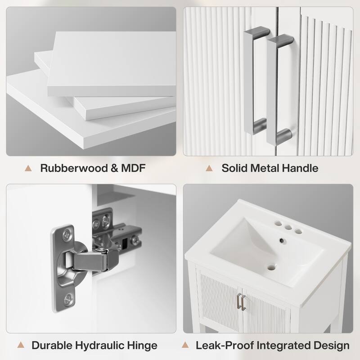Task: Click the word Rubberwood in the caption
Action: (74, 168)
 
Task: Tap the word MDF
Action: (133, 168)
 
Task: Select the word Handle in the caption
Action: (300, 168)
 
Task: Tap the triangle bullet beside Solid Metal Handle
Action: (209, 168)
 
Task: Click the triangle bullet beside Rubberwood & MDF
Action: (28, 168)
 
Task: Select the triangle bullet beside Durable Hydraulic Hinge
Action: (21, 345)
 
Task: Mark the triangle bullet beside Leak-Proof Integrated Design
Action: (185, 345)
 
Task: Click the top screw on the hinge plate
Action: (67, 235)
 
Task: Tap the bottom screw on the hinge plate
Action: (68, 299)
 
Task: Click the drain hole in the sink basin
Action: (271, 268)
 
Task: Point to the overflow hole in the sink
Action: (282, 240)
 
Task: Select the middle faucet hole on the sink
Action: (288, 228)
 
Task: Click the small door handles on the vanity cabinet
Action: (242, 301)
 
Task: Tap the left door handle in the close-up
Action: (255, 81)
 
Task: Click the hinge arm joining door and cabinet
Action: (91, 261)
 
